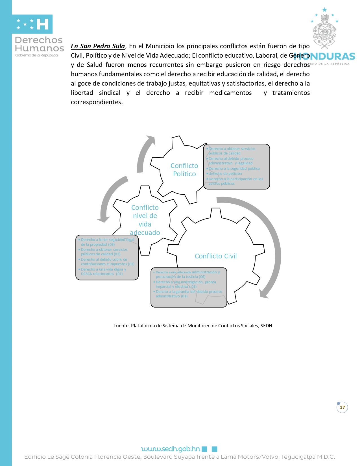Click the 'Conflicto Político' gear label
click(184, 170)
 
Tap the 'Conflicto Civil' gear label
click(216, 256)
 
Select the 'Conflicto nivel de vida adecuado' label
click(145, 220)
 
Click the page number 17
click(342, 407)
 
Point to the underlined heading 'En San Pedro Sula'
click(98, 46)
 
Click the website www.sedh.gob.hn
click(171, 449)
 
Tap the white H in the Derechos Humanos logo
click(42, 24)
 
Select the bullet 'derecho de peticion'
click(225, 174)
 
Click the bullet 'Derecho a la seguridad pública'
click(234, 169)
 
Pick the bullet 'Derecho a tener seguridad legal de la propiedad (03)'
click(107, 242)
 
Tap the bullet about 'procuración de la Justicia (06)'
click(187, 275)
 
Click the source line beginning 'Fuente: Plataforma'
click(193, 326)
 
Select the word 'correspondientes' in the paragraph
click(96, 102)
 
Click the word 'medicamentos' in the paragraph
click(230, 93)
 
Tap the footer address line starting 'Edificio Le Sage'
click(180, 457)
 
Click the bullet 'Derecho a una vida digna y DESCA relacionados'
click(103, 272)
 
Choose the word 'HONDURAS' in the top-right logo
click(325, 56)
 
